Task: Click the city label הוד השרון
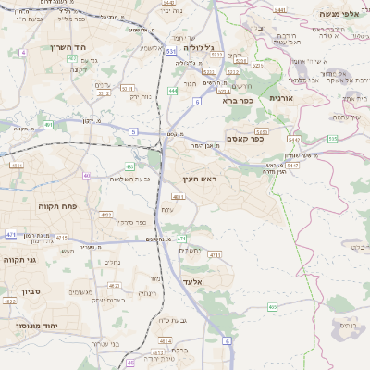(x=43, y=45)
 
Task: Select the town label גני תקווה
(x=21, y=260)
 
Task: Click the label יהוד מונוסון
(x=33, y=326)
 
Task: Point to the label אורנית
(x=280, y=98)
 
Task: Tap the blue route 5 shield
(x=133, y=132)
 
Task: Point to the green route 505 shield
(x=332, y=138)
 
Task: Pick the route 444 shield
(x=173, y=91)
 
